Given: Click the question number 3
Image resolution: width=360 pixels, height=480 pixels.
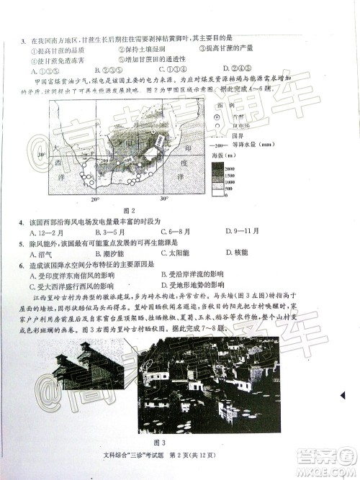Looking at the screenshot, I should tap(25, 37).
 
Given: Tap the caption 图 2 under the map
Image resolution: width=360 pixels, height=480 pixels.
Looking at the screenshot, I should tap(128, 209).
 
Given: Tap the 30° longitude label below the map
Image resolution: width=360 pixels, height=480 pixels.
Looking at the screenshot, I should tap(163, 198).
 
